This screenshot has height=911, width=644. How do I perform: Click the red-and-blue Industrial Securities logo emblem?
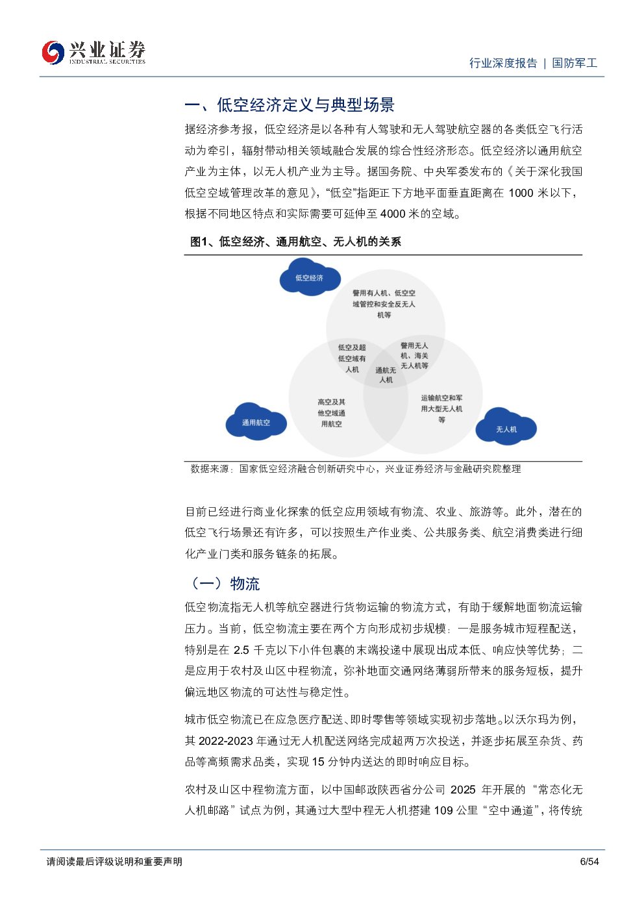(x=53, y=53)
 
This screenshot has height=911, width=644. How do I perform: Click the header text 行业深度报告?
(x=503, y=63)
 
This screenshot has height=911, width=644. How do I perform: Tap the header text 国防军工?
(x=575, y=63)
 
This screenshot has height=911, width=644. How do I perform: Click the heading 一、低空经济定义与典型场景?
(x=290, y=105)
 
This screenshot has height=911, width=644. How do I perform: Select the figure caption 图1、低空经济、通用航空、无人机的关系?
(x=295, y=242)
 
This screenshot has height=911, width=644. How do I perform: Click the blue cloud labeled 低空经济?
(x=310, y=277)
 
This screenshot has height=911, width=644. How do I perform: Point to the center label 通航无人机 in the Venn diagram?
(x=386, y=375)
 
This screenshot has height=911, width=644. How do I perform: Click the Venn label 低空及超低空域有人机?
(x=352, y=358)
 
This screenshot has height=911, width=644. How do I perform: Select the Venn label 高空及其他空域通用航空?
(x=331, y=413)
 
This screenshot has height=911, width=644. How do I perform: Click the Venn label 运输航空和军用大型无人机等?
(x=441, y=408)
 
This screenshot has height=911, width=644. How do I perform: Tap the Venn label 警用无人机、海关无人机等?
(x=414, y=355)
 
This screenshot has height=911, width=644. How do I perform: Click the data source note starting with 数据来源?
(x=356, y=469)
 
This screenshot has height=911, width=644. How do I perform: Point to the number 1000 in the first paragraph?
(x=521, y=193)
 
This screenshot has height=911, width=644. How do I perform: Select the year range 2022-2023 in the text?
(x=226, y=741)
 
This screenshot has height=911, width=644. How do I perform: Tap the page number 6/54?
(x=589, y=862)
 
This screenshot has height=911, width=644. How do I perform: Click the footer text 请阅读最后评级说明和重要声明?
(x=114, y=862)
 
